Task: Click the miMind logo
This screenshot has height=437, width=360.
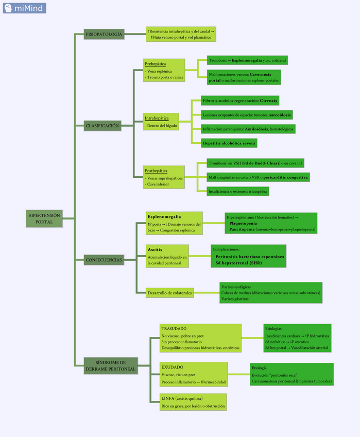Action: (x=24, y=8)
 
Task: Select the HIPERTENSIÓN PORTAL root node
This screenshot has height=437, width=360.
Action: (x=44, y=218)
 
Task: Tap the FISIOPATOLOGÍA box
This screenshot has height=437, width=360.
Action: (x=104, y=34)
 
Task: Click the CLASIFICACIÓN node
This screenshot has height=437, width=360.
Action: (x=102, y=125)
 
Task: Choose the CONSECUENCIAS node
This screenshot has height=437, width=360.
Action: (x=104, y=260)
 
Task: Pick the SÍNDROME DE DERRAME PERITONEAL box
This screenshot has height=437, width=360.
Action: (x=111, y=366)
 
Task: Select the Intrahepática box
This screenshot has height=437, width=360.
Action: (x=161, y=122)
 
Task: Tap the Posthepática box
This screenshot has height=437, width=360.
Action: (x=163, y=177)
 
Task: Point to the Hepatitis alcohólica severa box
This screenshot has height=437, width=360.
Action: (x=229, y=143)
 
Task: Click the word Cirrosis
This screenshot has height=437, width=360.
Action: (x=269, y=100)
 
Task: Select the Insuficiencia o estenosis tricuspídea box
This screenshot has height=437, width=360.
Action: (x=237, y=191)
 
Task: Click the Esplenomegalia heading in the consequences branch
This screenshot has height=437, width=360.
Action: (x=164, y=216)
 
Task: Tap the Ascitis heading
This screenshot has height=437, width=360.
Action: (x=155, y=249)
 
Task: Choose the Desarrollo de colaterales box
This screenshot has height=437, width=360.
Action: (x=169, y=293)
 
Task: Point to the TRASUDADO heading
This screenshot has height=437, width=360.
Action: (x=174, y=328)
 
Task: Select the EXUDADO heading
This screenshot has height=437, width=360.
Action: (x=172, y=367)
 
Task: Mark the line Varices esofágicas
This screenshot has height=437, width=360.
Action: (x=236, y=286)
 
